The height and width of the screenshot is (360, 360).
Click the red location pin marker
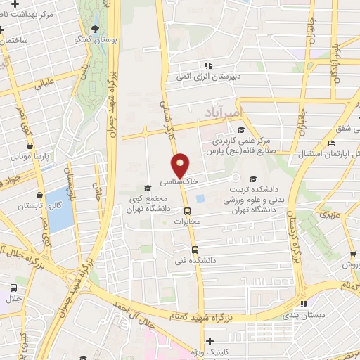tap(181, 166)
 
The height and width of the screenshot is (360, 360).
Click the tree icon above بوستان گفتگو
tap(96, 27)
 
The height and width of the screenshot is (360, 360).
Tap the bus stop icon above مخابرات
tap(187, 210)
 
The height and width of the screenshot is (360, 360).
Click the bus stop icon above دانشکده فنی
tap(195, 249)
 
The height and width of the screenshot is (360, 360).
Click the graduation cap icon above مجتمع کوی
tap(147, 188)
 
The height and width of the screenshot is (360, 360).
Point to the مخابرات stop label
tap(187, 221)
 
